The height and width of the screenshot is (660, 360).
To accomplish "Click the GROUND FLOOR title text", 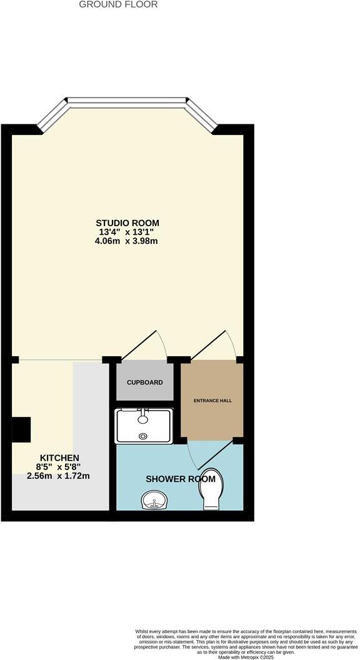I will click(118, 4).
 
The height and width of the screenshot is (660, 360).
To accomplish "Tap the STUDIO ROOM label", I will click(127, 222).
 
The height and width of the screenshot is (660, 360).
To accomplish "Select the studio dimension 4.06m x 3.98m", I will click(127, 241).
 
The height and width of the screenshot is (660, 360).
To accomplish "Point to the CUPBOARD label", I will click(144, 382).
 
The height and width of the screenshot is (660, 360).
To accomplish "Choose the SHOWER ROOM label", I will click(181, 479).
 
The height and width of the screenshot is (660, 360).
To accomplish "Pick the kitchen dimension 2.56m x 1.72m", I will click(59, 476).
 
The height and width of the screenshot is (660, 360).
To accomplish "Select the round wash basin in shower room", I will click(152, 500).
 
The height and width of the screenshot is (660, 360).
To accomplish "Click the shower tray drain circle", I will click(144, 436).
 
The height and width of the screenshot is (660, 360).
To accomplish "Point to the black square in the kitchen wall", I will click(21, 429).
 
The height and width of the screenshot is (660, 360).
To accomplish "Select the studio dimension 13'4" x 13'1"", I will click(127, 232).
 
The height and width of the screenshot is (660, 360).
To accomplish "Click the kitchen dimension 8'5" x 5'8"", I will click(59, 466).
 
